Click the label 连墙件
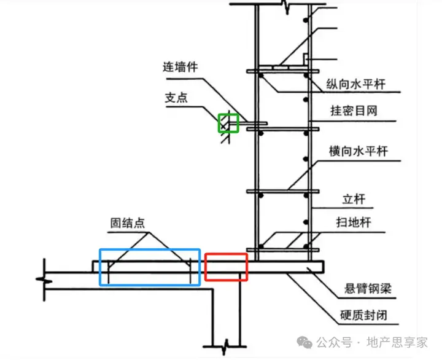pyautogui.click(x=180, y=67)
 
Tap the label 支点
pyautogui.click(x=176, y=98)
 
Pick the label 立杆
pyautogui.click(x=353, y=200)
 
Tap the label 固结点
pyautogui.click(x=127, y=222)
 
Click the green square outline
pyautogui.click(x=228, y=122)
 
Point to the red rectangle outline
pyautogui.click(x=226, y=267)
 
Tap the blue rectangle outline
pyautogui.click(x=150, y=267)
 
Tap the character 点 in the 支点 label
pyautogui.click(x=182, y=98)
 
